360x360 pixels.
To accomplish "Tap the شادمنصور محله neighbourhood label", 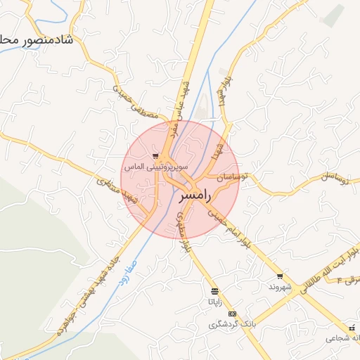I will point(38,40).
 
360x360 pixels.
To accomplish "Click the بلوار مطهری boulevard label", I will point(181,231).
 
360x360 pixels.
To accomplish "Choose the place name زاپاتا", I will point(214,302).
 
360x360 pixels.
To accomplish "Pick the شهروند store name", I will point(279,288).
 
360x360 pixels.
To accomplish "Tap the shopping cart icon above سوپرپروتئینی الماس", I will point(155,156).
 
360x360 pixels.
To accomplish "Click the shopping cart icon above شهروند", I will point(280,276).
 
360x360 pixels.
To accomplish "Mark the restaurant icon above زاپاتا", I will point(214,290).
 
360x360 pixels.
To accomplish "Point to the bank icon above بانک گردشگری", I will point(233,314).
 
